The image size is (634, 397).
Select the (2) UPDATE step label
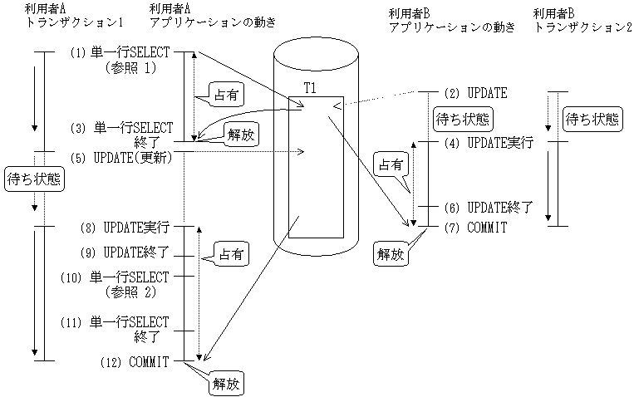[x=476, y=92]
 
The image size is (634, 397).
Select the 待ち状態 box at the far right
[x=592, y=118]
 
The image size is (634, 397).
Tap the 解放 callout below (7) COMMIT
[x=391, y=255]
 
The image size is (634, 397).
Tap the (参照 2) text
[x=135, y=292]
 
